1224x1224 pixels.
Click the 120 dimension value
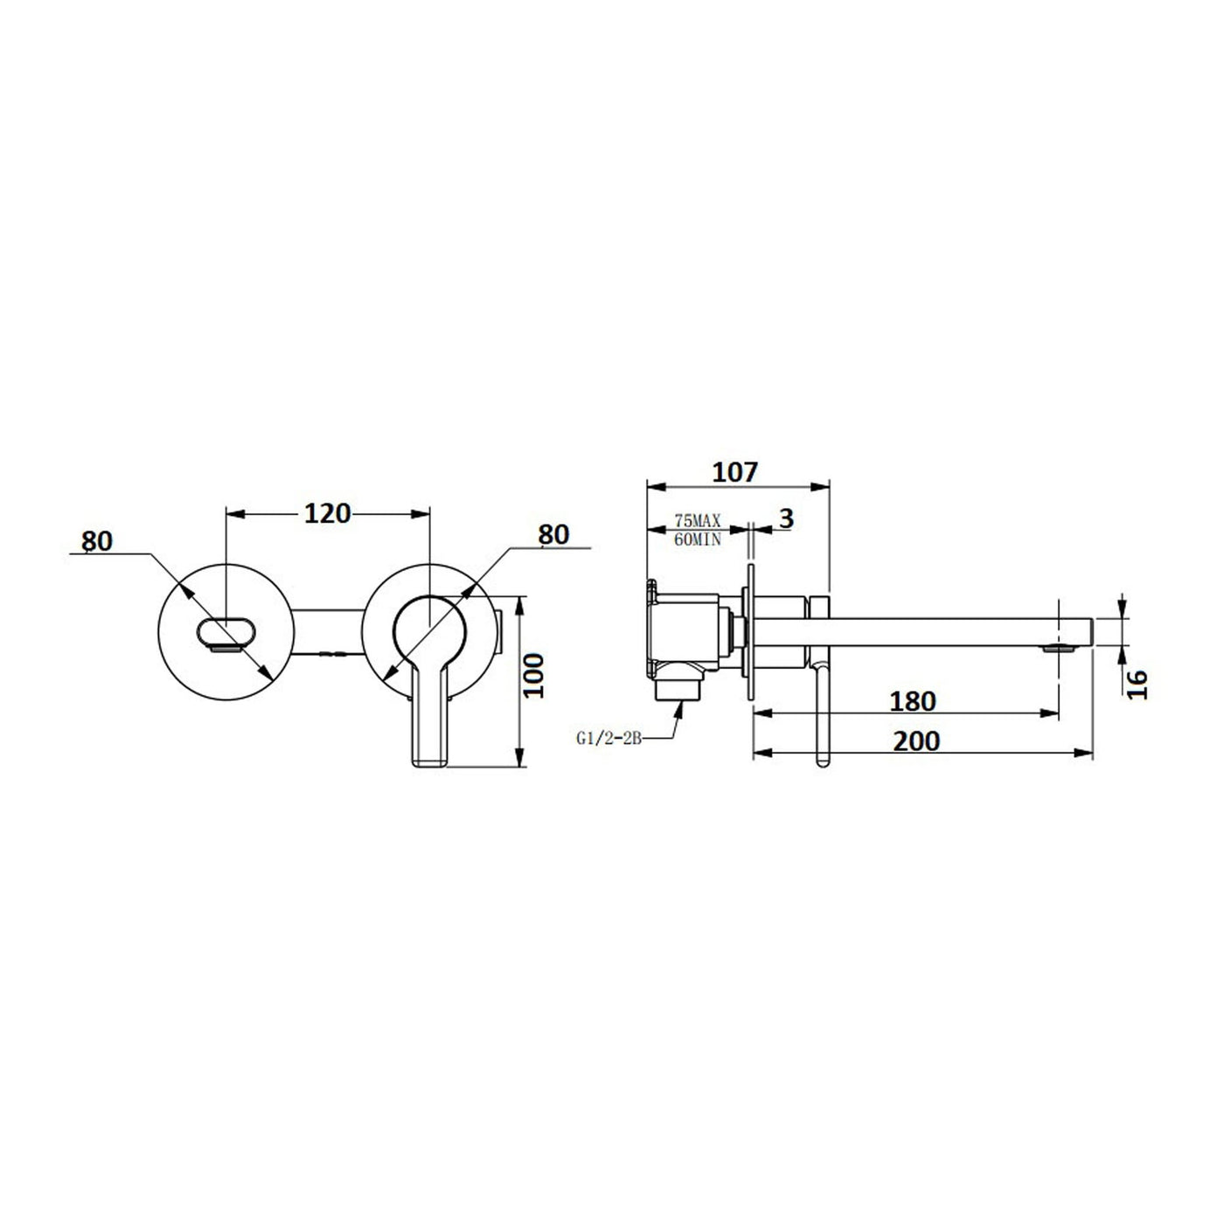coord(327,513)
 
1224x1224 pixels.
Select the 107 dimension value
coord(735,473)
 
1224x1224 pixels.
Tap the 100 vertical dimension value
coord(535,675)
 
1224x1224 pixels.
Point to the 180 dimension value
coord(913,701)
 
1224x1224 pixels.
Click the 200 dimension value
coord(916,741)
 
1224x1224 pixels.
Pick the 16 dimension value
coord(1137,685)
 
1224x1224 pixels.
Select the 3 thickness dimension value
coord(786,519)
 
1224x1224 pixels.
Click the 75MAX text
coord(698,521)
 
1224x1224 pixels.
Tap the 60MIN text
coord(698,540)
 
